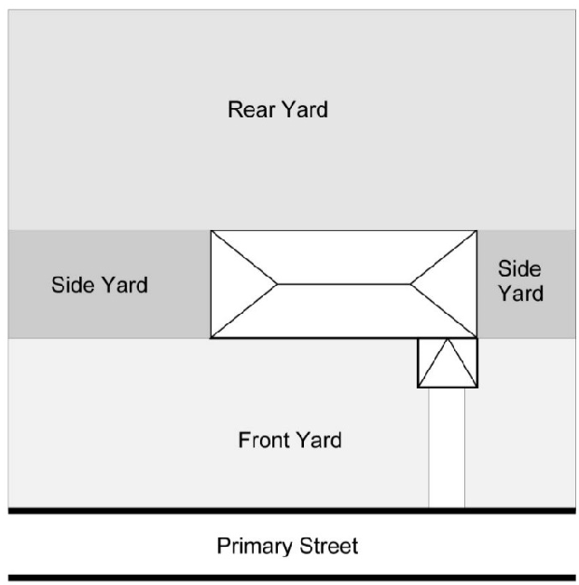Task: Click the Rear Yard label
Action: point(278,110)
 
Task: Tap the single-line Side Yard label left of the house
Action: point(99,285)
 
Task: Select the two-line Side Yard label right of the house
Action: point(520,281)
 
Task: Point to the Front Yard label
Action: point(290,440)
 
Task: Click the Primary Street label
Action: point(287,546)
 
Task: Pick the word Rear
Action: point(248,110)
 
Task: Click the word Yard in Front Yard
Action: point(320,440)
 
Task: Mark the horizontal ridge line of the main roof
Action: point(344,283)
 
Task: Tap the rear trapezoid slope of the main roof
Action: point(344,256)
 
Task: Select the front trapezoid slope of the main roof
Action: point(344,311)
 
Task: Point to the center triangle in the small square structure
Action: point(448,369)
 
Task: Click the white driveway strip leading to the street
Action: point(447,447)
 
